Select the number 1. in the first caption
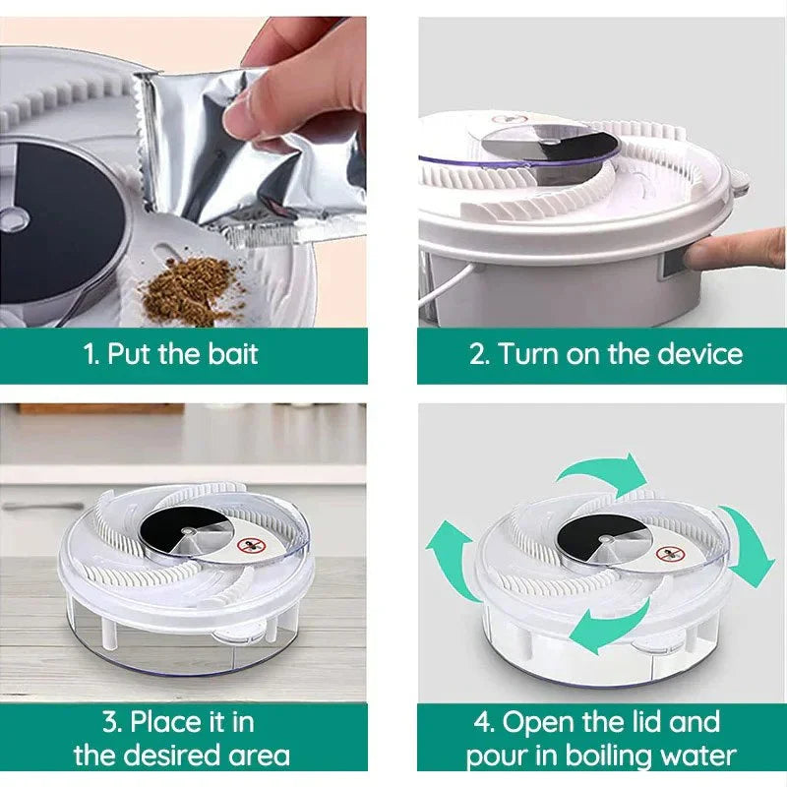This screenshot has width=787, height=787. pos(91,354)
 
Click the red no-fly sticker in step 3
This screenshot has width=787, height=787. pos(251,546)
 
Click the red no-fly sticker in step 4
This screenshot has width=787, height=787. pos(671,554)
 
